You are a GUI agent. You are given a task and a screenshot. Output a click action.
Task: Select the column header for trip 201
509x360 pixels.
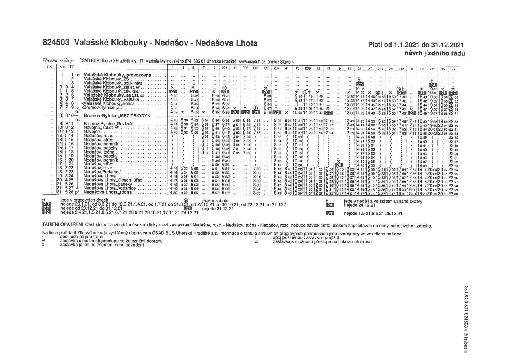click(x=224, y=69)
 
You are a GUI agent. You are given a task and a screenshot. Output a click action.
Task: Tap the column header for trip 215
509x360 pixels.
click(x=432, y=69)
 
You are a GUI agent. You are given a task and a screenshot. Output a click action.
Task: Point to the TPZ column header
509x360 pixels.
click(x=50, y=67)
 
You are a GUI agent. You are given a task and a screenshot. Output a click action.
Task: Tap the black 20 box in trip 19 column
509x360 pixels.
click(x=339, y=165)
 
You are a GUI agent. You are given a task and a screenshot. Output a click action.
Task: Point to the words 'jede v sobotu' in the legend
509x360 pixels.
click(x=216, y=200)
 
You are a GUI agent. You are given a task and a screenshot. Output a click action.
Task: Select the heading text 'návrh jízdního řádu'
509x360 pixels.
click(x=435, y=53)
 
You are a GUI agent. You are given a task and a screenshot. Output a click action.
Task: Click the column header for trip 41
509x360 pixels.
click(x=287, y=69)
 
